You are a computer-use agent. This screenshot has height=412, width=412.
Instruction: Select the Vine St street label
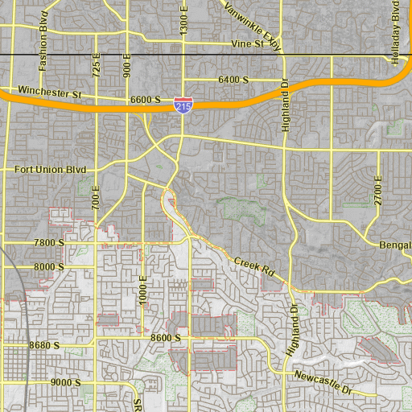[x=247, y=43]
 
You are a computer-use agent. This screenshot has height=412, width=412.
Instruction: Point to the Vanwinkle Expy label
[x=253, y=25]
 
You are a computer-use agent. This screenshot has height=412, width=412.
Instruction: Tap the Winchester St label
[x=50, y=93]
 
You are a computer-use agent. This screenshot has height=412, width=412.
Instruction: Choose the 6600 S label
[x=146, y=101]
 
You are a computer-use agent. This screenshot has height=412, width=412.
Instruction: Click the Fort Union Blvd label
[x=50, y=170]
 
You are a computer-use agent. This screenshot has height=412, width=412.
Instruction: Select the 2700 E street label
[x=377, y=189]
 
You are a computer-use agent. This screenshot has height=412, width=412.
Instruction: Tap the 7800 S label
[x=48, y=242]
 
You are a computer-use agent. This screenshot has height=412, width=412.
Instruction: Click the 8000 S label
[x=48, y=266]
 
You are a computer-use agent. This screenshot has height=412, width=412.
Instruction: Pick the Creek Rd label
[x=254, y=267]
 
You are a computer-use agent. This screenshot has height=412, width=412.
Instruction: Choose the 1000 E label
[x=143, y=288]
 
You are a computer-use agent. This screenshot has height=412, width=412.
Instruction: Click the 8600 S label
[x=166, y=339]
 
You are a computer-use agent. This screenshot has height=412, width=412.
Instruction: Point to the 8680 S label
[x=44, y=345]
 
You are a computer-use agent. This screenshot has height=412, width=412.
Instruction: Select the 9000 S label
[x=65, y=382]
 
